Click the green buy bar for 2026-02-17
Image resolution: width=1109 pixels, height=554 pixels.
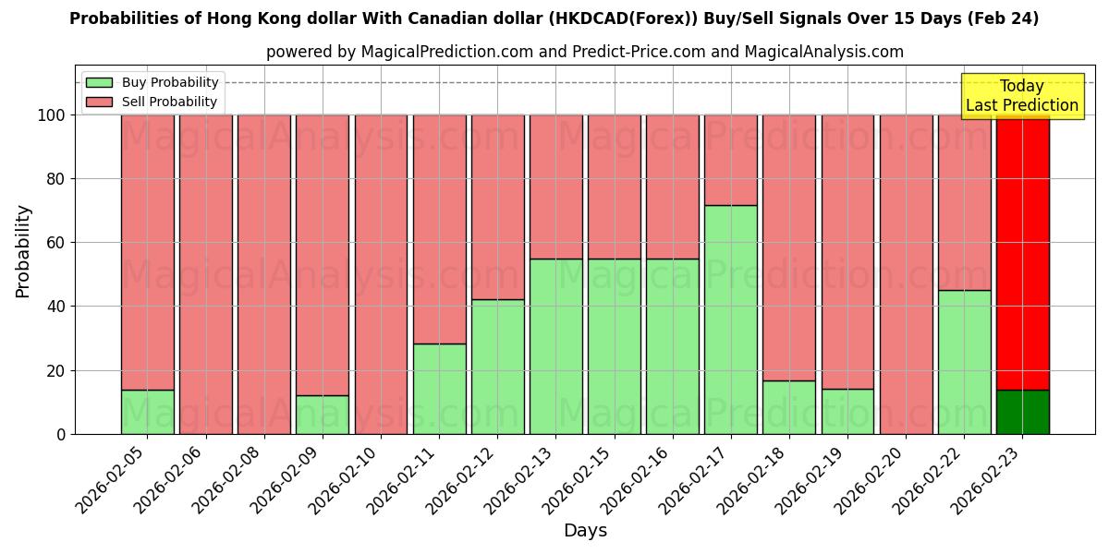click(x=730, y=319)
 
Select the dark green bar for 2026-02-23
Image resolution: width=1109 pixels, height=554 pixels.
click(x=1022, y=412)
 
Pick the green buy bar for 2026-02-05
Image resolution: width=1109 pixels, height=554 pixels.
click(x=147, y=412)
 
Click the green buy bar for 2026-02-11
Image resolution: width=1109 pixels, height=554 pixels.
click(x=439, y=389)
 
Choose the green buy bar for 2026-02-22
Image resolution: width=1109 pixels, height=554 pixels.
click(x=964, y=362)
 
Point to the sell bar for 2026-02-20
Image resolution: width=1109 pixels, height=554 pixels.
click(x=906, y=274)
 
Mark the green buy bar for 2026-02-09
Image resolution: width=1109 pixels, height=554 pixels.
click(x=323, y=415)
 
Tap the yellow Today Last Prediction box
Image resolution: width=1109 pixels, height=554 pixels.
click(x=1022, y=96)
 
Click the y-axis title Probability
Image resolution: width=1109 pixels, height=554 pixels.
click(x=23, y=251)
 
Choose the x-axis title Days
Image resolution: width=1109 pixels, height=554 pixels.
click(x=585, y=531)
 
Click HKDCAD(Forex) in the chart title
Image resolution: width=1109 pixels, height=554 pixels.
click(x=683, y=18)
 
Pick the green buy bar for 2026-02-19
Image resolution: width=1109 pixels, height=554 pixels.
click(x=847, y=411)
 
